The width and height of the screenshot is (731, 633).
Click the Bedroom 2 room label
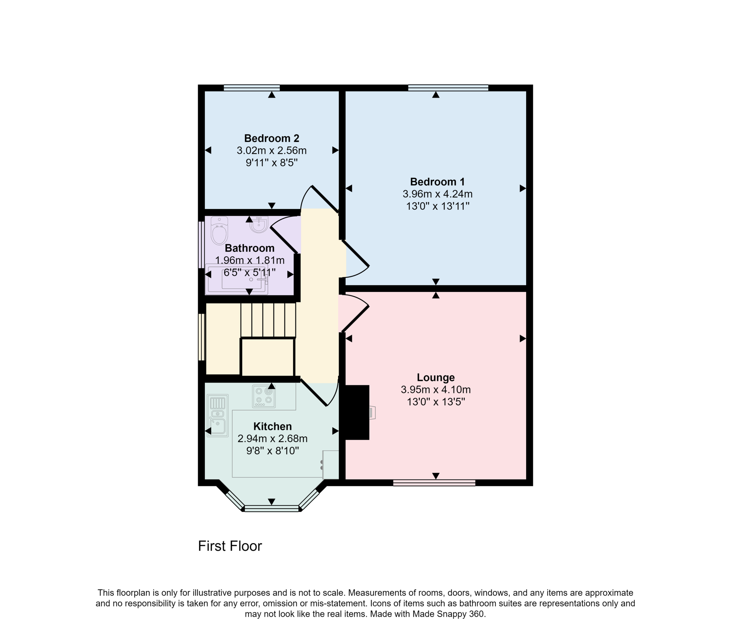(x=271, y=138)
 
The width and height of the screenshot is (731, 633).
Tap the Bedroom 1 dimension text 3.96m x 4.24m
(x=437, y=194)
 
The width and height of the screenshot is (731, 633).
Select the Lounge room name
(x=435, y=377)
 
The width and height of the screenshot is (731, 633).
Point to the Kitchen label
(x=272, y=426)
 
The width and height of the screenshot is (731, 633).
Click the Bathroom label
(x=249, y=248)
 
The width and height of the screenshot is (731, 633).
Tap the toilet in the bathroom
(x=219, y=231)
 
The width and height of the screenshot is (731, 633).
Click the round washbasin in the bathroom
(x=259, y=224)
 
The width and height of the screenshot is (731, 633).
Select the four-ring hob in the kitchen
(x=264, y=396)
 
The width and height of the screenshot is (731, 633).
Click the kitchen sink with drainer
(x=217, y=415)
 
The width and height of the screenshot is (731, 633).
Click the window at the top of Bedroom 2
(x=252, y=88)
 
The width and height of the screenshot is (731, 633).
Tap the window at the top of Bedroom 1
(x=448, y=88)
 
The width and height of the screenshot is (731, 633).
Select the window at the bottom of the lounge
(x=434, y=483)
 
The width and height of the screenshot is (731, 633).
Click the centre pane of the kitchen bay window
(x=272, y=508)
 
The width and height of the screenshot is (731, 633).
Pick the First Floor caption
(x=230, y=546)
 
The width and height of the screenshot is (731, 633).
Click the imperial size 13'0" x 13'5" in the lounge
(x=435, y=402)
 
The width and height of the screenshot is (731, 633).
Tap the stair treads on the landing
(x=268, y=320)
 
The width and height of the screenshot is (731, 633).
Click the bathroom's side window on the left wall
(x=201, y=245)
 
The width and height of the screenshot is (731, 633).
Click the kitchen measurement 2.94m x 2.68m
(x=272, y=439)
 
